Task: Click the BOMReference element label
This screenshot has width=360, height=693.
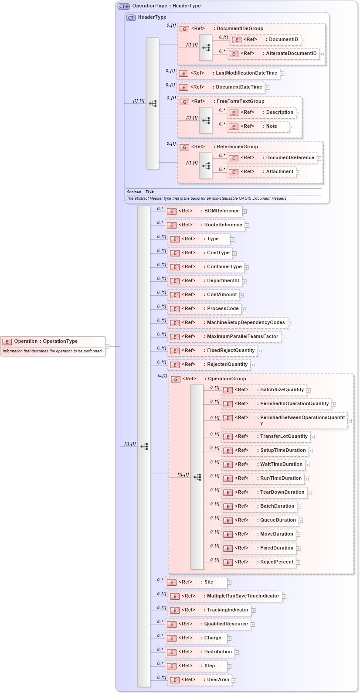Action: (222, 211)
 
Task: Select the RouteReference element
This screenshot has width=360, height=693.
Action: (223, 225)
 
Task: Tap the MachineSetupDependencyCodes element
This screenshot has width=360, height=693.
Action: (245, 323)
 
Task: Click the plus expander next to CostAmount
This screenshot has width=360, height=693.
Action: (241, 295)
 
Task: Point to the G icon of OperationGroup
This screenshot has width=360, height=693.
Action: (176, 379)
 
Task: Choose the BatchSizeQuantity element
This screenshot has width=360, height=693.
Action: (282, 390)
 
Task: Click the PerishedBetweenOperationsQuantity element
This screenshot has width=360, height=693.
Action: (302, 418)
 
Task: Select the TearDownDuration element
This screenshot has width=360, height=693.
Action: (282, 492)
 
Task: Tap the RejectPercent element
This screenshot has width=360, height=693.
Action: (276, 562)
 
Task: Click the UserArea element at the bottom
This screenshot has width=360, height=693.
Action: (217, 680)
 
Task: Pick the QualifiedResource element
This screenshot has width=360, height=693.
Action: (226, 624)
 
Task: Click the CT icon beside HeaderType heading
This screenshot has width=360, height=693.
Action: (131, 17)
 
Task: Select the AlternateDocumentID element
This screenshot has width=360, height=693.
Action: (291, 54)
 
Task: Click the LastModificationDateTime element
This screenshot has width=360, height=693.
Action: (246, 73)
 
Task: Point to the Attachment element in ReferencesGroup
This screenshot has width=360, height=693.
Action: (279, 172)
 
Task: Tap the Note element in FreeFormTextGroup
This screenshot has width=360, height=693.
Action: (271, 126)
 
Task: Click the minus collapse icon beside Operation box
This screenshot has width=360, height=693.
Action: (107, 346)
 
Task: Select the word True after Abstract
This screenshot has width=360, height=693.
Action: (149, 192)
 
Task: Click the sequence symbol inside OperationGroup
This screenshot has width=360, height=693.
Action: (197, 477)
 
